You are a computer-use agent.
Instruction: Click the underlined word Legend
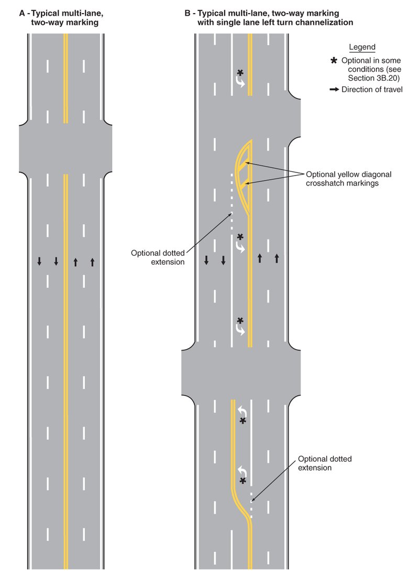[x=362, y=47]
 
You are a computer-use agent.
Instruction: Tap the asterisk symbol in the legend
[x=334, y=60]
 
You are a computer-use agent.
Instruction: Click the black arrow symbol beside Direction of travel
[x=334, y=89]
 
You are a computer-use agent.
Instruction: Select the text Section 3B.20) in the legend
[x=373, y=78]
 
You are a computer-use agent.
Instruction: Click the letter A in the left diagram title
[x=22, y=14]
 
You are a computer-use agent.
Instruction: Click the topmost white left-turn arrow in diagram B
[x=240, y=81]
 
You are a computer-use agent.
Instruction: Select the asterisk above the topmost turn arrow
[x=240, y=73]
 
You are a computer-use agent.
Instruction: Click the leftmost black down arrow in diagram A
[x=39, y=261]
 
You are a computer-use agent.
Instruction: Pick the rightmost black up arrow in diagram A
[x=92, y=262]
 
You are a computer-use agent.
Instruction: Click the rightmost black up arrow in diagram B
[x=277, y=258]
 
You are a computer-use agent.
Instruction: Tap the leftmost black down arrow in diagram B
[x=206, y=260]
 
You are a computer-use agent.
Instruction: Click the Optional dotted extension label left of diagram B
[x=158, y=257]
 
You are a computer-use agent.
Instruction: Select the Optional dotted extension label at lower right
[x=325, y=463]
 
